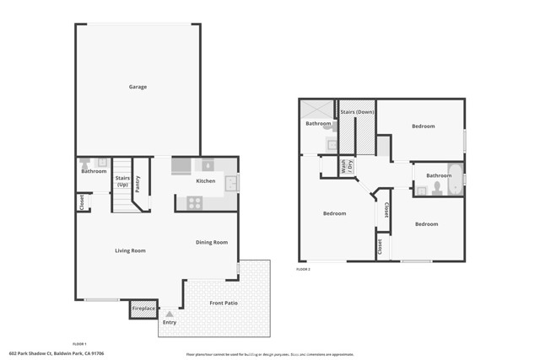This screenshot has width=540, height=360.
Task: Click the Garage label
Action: point(138,87)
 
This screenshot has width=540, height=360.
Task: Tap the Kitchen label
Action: point(206,181)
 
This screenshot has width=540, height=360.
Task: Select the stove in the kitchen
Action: point(193,202)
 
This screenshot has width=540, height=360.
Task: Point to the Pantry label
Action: point(138,183)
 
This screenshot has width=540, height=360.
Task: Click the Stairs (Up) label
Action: point(122,181)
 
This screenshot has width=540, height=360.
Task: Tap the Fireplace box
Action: point(143,309)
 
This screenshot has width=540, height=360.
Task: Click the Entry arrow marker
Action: point(169,314)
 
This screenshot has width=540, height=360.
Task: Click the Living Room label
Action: point(131,250)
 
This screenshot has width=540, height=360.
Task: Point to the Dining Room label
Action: point(212,243)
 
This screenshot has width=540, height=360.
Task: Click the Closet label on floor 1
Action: point(82,203)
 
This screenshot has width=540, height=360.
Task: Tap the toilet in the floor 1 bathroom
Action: point(84,162)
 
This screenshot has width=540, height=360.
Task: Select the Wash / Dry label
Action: point(344,167)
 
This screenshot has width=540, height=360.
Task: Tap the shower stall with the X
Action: point(315,110)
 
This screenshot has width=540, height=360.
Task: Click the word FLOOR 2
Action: point(304,269)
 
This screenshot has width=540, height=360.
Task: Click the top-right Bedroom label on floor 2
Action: point(423,126)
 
